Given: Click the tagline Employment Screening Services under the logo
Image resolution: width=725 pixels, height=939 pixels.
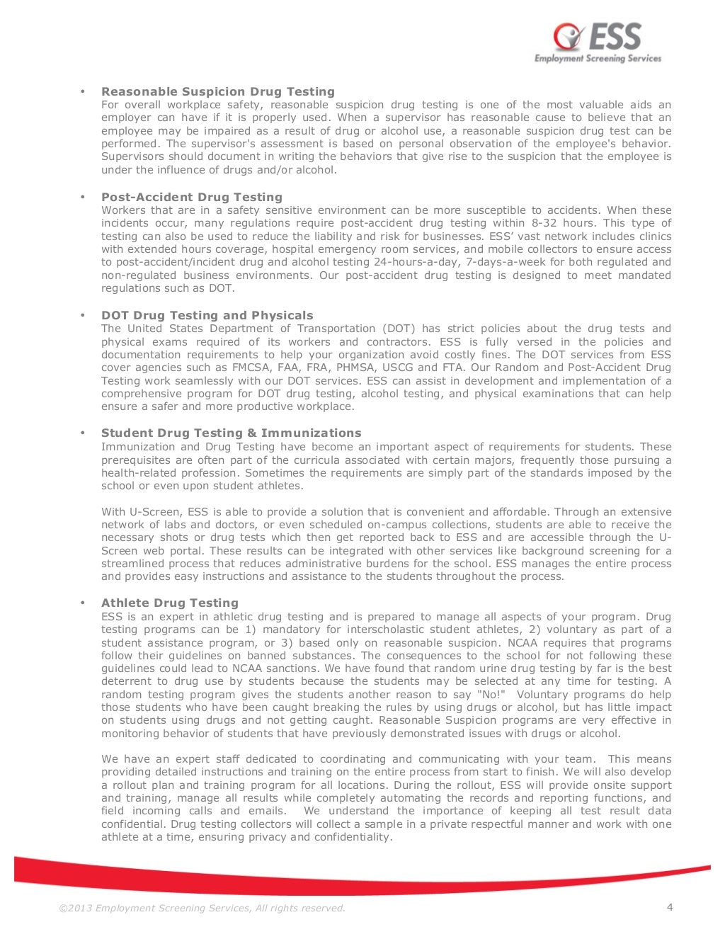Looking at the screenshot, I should [x=598, y=58].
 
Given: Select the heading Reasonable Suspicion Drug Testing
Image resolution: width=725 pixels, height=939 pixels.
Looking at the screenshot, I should [x=218, y=91].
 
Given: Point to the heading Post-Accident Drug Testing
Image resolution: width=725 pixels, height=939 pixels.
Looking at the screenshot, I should [x=192, y=197].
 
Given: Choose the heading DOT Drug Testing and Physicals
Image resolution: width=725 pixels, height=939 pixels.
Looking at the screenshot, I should [x=207, y=315].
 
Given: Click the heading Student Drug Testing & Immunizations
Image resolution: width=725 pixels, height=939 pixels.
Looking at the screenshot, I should [x=231, y=433].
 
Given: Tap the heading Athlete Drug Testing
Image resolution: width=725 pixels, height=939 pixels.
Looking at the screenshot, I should [x=170, y=603].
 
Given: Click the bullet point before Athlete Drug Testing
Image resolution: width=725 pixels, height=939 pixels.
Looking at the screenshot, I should [x=83, y=603].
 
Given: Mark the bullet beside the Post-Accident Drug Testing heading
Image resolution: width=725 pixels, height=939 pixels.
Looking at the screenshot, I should [x=83, y=197].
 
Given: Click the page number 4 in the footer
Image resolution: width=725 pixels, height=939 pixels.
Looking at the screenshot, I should [x=670, y=907].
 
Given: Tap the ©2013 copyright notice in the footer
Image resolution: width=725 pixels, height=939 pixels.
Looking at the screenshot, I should [x=202, y=909].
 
